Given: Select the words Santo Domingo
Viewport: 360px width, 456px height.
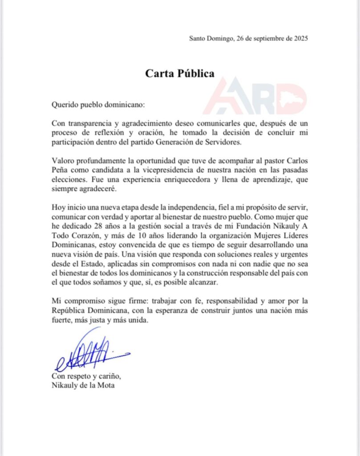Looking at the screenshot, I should click(209, 38).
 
